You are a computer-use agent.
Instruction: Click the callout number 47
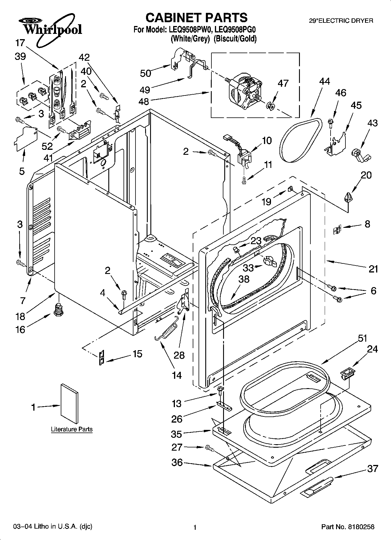tap(283, 83)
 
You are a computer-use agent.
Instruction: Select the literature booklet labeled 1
tap(69, 403)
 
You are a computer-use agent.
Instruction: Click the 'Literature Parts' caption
tap(72, 429)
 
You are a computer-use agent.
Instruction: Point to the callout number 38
tap(244, 279)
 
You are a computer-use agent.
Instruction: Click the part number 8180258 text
tap(361, 527)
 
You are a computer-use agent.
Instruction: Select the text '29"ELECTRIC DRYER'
tap(341, 21)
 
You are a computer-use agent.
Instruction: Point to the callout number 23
tap(256, 241)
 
